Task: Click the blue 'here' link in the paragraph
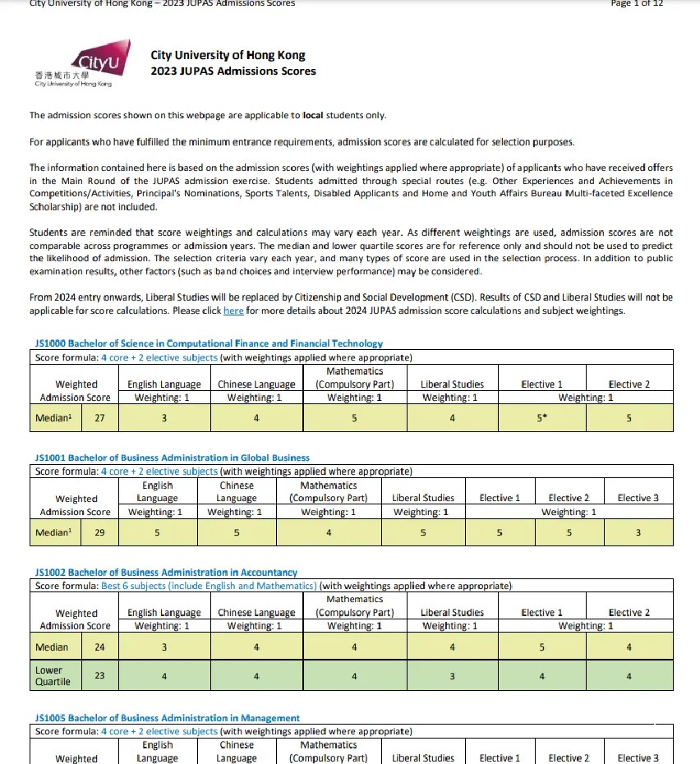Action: [233, 311]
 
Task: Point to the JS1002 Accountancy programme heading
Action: [166, 572]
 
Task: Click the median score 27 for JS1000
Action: [99, 418]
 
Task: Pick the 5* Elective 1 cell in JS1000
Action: [542, 418]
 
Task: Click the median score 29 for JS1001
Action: [99, 532]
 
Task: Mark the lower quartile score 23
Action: [99, 676]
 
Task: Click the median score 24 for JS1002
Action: [99, 647]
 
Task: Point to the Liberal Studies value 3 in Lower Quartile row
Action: [452, 676]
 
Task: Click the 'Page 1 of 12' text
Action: [637, 3]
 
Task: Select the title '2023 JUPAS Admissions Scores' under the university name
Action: [233, 71]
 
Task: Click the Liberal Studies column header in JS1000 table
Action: [452, 384]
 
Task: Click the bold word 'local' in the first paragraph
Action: [313, 116]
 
